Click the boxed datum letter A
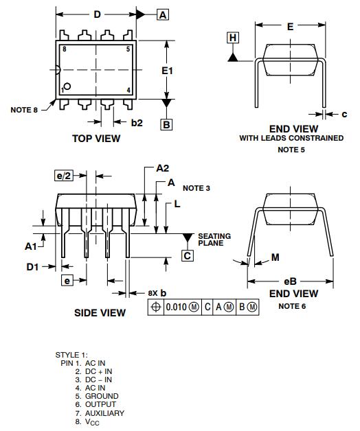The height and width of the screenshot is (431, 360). [163, 14]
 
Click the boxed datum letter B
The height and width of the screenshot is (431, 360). [166, 124]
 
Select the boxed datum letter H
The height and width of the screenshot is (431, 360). [233, 38]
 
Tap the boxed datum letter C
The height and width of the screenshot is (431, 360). [188, 255]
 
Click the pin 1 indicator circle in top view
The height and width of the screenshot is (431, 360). [67, 86]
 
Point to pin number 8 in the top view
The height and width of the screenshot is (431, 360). [65, 49]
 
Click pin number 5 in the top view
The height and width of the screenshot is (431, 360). [128, 49]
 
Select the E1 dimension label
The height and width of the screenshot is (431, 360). [167, 71]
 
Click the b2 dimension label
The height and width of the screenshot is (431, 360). [137, 123]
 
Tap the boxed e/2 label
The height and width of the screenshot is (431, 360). [64, 176]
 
